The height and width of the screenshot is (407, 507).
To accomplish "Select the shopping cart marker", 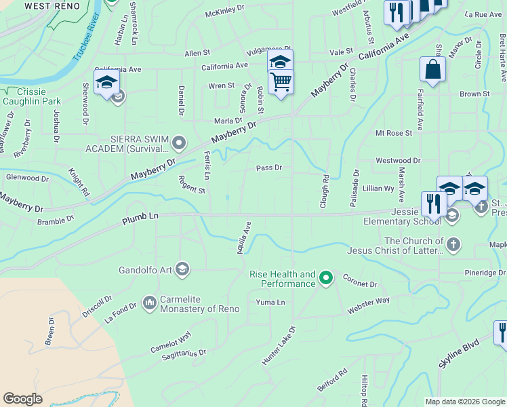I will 281,83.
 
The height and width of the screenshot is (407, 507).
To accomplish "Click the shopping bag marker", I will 432,69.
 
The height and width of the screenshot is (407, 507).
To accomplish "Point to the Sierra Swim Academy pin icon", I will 179,142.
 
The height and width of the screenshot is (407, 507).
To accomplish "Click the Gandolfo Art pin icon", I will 182,270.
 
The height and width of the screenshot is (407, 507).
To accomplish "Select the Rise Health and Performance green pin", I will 326,277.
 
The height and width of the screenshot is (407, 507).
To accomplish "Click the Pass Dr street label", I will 268,168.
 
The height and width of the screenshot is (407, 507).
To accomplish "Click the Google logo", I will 23,399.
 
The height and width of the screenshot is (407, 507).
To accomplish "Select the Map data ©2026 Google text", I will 465,402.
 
